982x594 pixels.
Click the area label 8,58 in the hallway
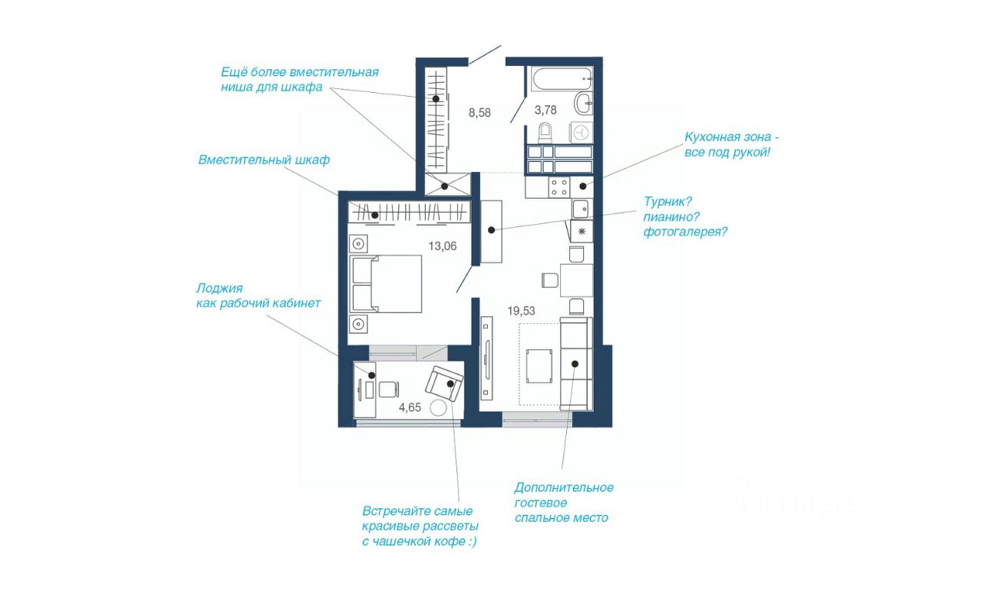point(479,113)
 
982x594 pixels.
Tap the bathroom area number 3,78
point(545,110)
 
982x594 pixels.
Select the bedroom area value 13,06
point(443,246)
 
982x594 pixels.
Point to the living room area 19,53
point(521,311)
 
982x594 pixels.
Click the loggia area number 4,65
point(410,408)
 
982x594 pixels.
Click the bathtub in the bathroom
point(562,79)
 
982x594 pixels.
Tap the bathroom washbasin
point(584,104)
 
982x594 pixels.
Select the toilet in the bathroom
point(545,133)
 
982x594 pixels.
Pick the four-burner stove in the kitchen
point(559,187)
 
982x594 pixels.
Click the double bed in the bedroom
point(386,284)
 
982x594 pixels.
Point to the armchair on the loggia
point(444,384)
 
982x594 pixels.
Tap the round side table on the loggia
point(438,408)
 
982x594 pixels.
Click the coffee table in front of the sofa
point(539,366)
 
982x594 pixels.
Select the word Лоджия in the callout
point(219,289)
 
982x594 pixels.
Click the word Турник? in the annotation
point(667,202)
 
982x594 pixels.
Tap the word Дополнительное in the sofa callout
point(564,487)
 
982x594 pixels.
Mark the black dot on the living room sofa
point(575,364)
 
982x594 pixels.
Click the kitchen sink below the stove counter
point(582,210)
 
